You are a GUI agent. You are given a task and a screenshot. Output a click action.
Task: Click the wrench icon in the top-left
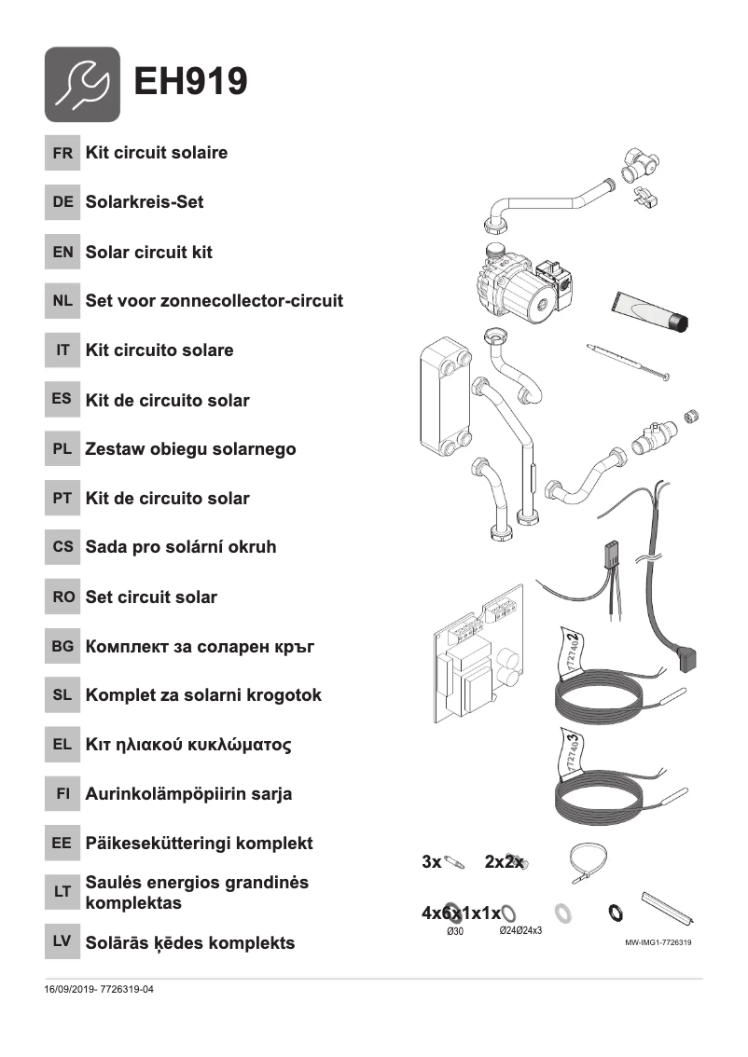pyautogui.click(x=82, y=84)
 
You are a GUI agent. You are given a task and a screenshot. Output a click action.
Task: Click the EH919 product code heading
pyautogui.click(x=191, y=82)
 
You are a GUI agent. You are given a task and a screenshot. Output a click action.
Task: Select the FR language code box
pyautogui.click(x=62, y=153)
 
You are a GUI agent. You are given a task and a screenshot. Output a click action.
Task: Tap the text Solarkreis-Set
pyautogui.click(x=144, y=202)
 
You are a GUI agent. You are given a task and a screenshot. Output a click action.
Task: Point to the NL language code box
pyautogui.click(x=62, y=301)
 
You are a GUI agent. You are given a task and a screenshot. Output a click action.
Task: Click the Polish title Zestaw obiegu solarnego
pyautogui.click(x=190, y=449)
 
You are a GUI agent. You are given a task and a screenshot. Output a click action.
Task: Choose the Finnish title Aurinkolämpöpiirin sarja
pyautogui.click(x=188, y=794)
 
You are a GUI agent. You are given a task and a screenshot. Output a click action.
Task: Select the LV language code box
pyautogui.click(x=62, y=942)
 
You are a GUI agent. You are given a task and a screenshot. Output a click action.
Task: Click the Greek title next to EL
pyautogui.click(x=188, y=745)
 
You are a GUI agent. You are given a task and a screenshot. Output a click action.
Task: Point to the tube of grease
pyautogui.click(x=651, y=310)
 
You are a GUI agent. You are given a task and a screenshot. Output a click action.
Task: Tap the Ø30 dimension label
pyautogui.click(x=455, y=931)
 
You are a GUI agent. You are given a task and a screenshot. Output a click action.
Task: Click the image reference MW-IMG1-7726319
pyautogui.click(x=658, y=942)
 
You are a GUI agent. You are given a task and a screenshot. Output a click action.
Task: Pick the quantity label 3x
pyautogui.click(x=431, y=862)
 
